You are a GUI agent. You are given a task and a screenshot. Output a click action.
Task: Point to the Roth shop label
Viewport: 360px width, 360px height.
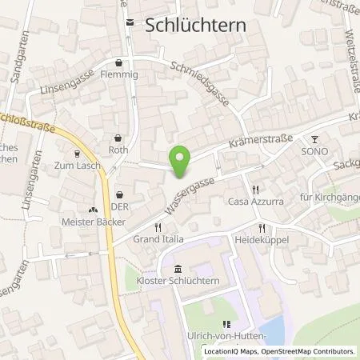tap(118, 150)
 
